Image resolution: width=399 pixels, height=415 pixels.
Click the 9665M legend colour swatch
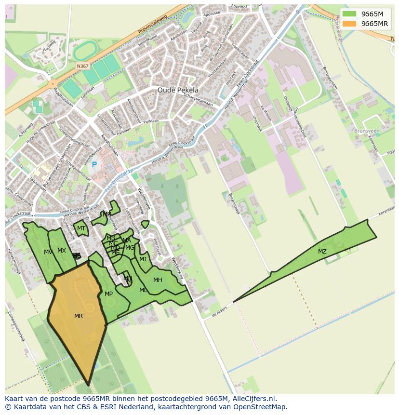[x=350, y=14]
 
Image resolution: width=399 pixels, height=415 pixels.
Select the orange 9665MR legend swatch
[x=350, y=24]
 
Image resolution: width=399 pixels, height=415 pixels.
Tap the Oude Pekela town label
[x=178, y=90]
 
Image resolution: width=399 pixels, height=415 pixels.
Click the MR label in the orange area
[x=79, y=316]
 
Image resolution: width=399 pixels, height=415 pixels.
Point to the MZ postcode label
[x=322, y=252]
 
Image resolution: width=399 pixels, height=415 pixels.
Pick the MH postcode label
[x=158, y=280]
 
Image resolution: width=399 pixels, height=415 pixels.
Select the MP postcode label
[x=108, y=294]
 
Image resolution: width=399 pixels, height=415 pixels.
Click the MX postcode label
[x=62, y=251]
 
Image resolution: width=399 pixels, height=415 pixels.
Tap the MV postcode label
[x=48, y=252]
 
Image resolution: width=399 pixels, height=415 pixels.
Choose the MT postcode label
[x=81, y=228]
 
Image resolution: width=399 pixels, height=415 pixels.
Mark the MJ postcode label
[x=143, y=259]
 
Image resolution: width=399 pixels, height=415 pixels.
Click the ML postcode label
[x=143, y=290]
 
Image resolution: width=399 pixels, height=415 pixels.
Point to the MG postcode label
[x=130, y=248]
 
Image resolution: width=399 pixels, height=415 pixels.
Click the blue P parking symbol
[x=94, y=165]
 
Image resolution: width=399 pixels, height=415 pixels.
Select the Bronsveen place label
[x=367, y=131]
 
